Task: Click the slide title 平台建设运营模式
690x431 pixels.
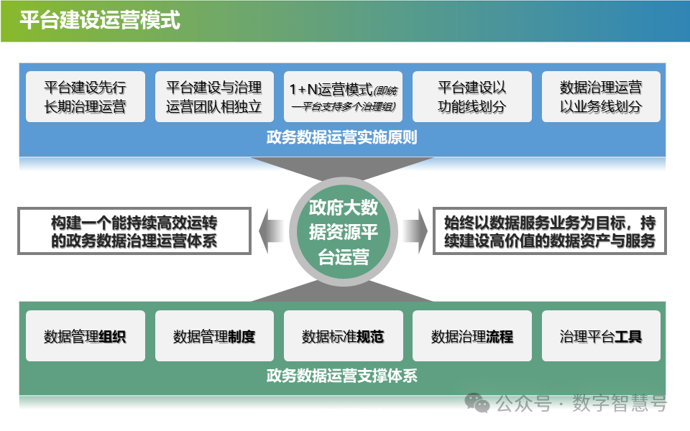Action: (x=99, y=20)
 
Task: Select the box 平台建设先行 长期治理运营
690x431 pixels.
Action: (x=85, y=97)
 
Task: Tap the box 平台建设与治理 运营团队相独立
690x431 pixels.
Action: (x=214, y=97)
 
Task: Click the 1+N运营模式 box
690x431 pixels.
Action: (x=343, y=97)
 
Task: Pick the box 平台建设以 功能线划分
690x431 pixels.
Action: (x=472, y=97)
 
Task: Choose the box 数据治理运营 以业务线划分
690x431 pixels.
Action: (x=601, y=97)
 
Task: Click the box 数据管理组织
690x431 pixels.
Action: (x=85, y=336)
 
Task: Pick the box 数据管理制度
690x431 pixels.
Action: (x=214, y=336)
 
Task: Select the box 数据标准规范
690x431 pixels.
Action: (x=343, y=336)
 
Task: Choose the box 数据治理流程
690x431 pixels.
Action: (x=472, y=336)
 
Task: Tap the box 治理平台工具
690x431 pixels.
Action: (x=601, y=336)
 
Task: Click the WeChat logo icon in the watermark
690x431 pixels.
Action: (x=477, y=404)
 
